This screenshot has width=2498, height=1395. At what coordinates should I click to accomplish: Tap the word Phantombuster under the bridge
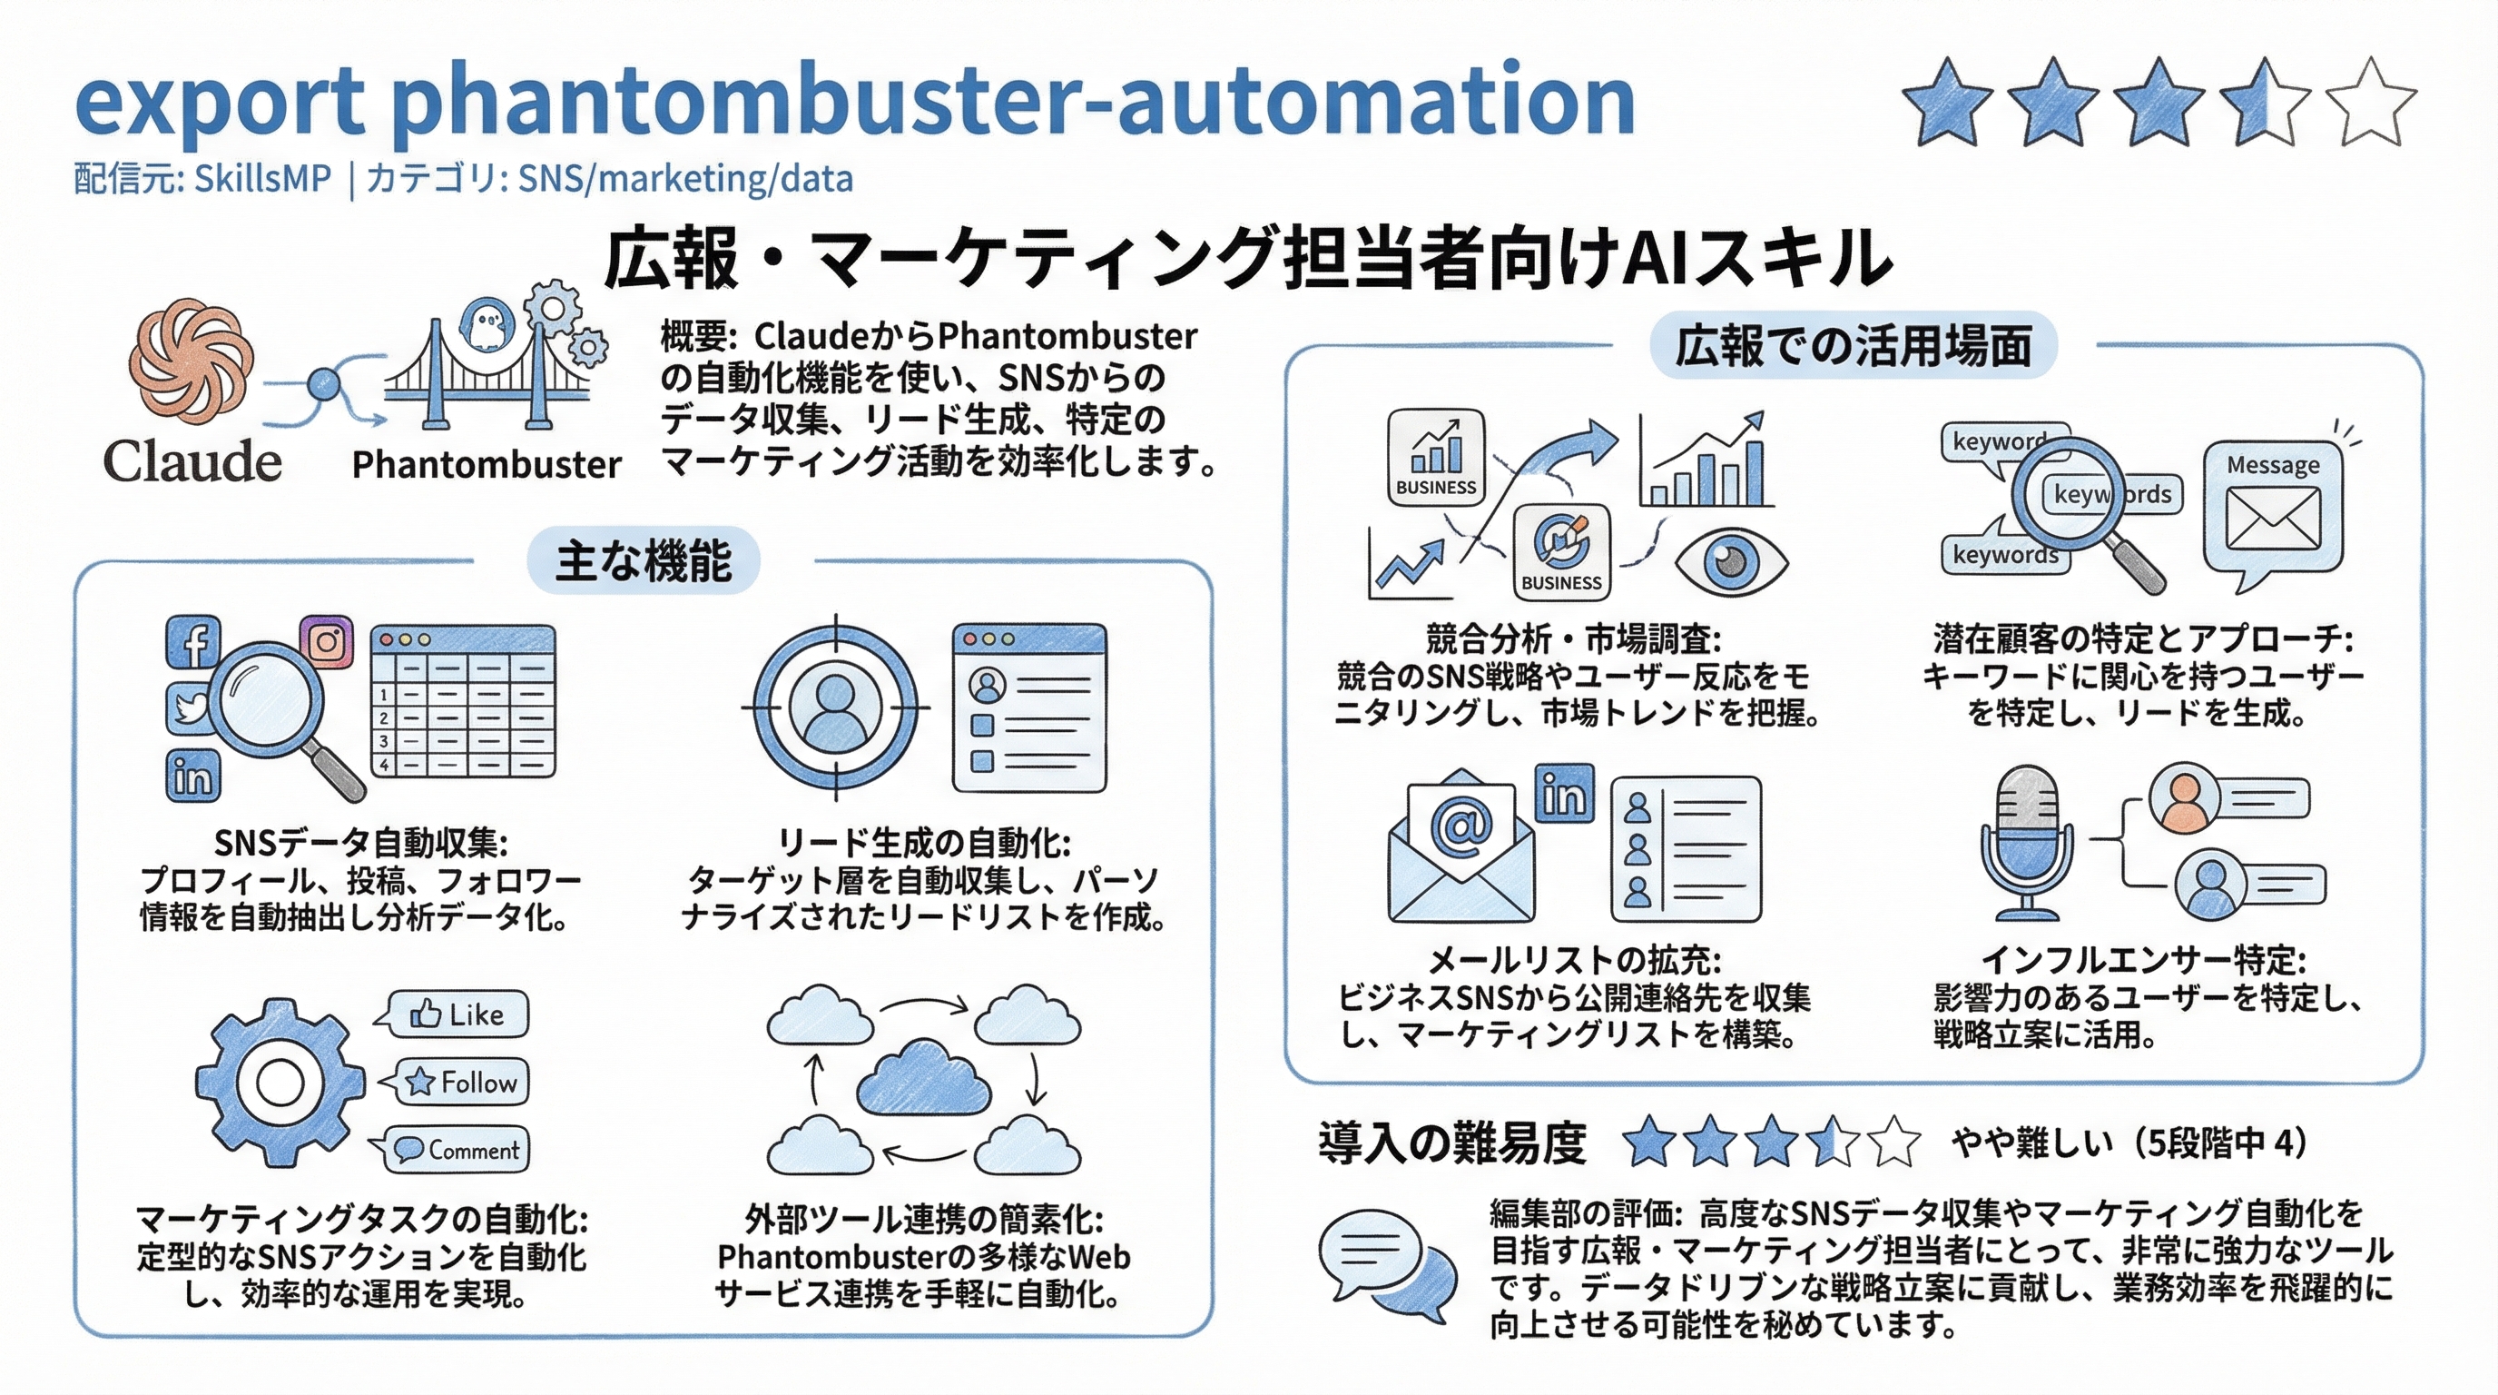486,465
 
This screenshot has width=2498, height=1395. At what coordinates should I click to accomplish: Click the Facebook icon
194,642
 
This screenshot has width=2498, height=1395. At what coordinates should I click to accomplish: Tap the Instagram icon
327,642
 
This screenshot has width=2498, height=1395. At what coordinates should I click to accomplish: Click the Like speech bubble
457,1014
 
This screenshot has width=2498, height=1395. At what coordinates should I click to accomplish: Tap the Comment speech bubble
457,1151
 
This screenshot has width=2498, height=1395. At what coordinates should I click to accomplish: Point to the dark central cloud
923,1076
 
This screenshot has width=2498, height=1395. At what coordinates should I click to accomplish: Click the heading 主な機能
643,561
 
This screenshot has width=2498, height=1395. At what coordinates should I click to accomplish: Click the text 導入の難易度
1451,1143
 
